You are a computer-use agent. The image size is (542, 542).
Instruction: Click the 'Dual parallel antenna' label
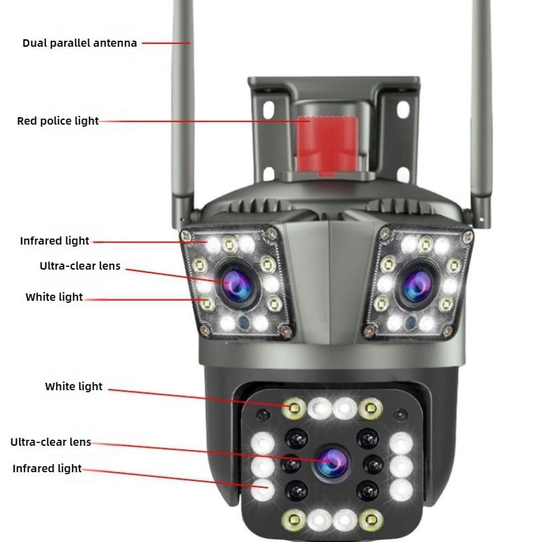(79, 43)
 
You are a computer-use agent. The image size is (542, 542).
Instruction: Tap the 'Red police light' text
(58, 121)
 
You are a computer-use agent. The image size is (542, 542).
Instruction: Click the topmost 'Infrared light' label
(54, 241)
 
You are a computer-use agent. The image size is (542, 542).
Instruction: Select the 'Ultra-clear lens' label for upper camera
(80, 266)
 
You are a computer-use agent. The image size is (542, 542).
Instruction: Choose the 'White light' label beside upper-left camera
(54, 297)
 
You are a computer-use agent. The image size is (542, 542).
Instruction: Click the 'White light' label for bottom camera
(74, 387)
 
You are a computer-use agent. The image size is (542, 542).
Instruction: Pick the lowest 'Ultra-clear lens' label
(51, 442)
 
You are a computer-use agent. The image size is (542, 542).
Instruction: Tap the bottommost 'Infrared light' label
(47, 468)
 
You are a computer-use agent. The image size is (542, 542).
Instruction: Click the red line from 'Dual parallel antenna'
(165, 43)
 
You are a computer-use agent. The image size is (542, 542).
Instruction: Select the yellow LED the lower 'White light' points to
(295, 408)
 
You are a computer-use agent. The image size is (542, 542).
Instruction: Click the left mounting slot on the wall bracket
(268, 110)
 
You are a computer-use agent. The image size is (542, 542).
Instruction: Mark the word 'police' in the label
(57, 121)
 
